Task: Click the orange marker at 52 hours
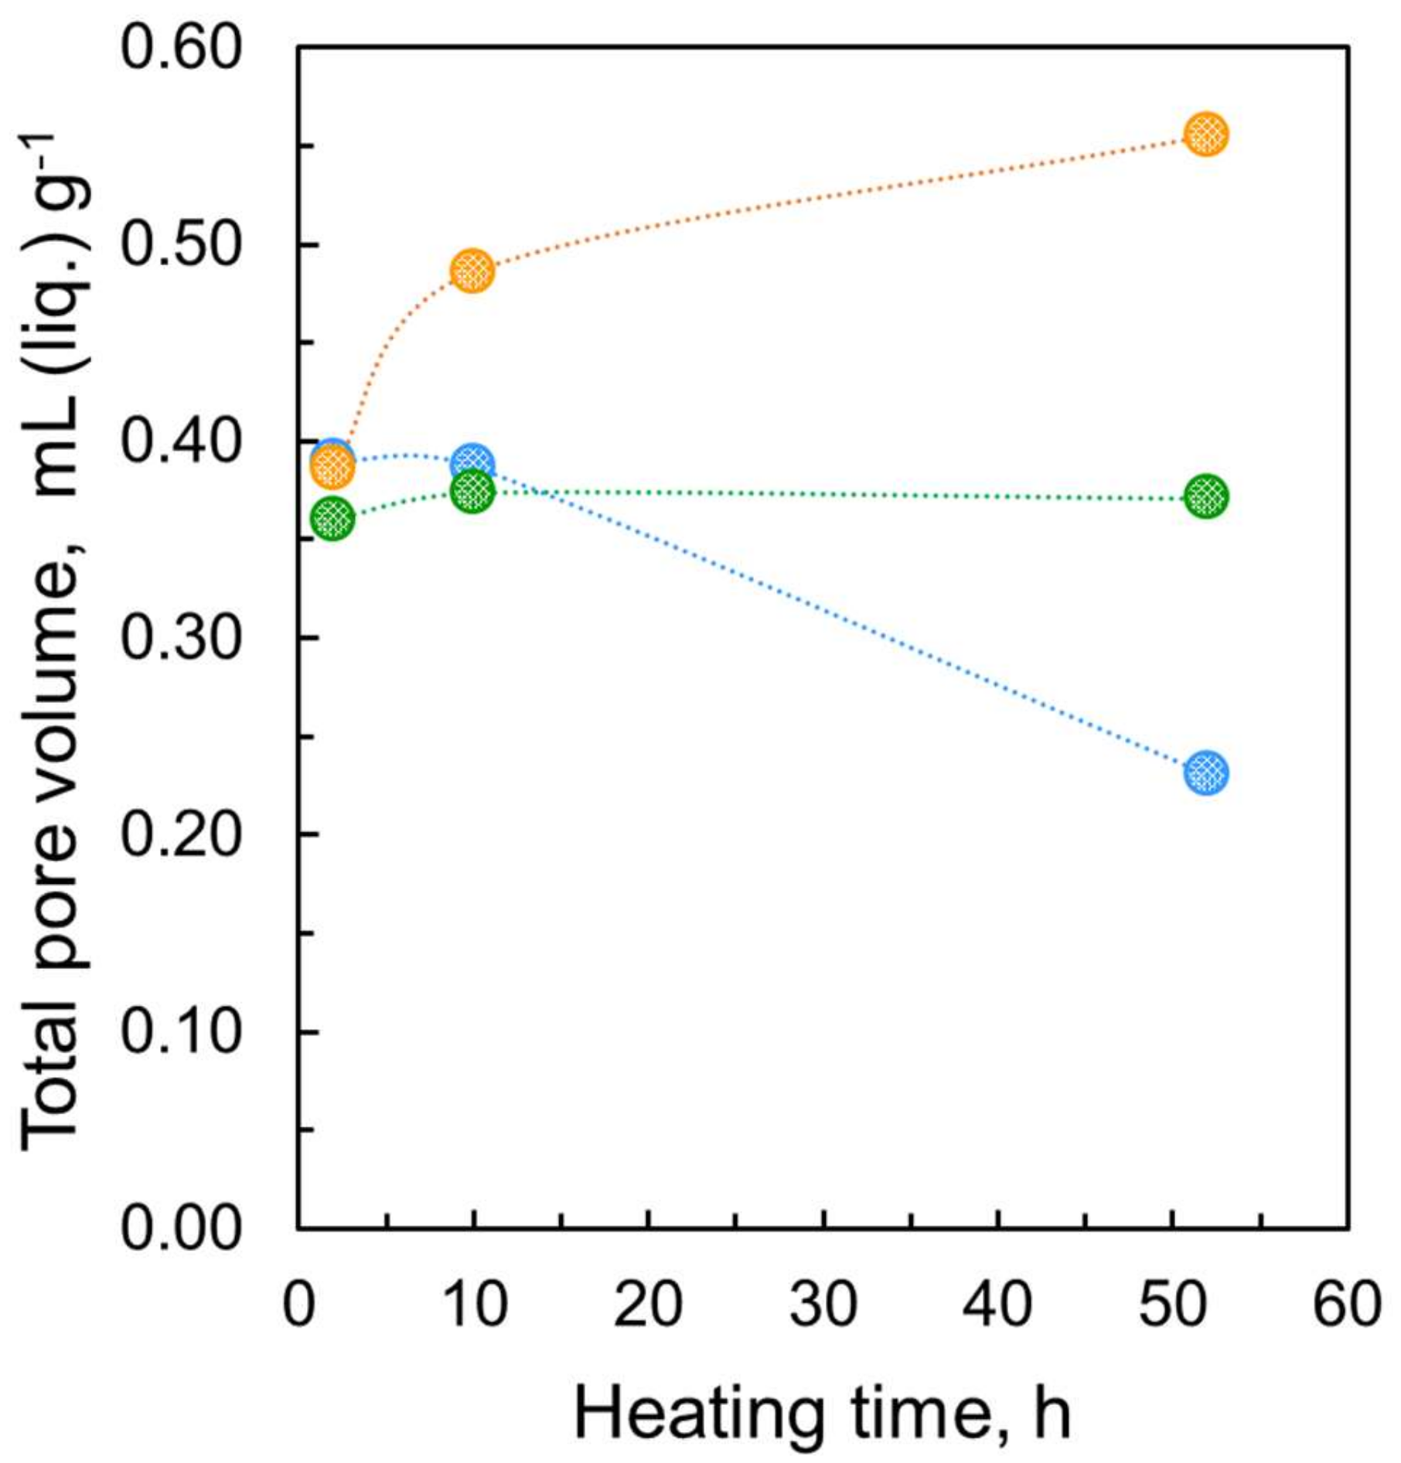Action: click(x=1206, y=135)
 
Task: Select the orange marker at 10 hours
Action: click(x=472, y=271)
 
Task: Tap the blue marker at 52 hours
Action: click(x=1206, y=772)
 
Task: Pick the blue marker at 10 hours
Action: click(x=473, y=462)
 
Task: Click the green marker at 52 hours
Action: click(x=1206, y=496)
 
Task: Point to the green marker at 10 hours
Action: click(x=472, y=490)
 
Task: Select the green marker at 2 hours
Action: click(x=332, y=519)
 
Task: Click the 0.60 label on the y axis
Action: click(x=182, y=48)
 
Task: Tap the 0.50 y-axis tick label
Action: click(x=182, y=245)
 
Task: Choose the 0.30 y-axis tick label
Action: click(x=182, y=639)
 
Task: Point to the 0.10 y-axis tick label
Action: click(x=182, y=1032)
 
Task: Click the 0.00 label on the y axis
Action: click(x=182, y=1229)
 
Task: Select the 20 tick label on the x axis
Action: click(x=648, y=1305)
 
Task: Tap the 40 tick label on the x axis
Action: click(x=997, y=1305)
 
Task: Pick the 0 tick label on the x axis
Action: click(x=298, y=1305)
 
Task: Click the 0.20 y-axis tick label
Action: click(x=182, y=835)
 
